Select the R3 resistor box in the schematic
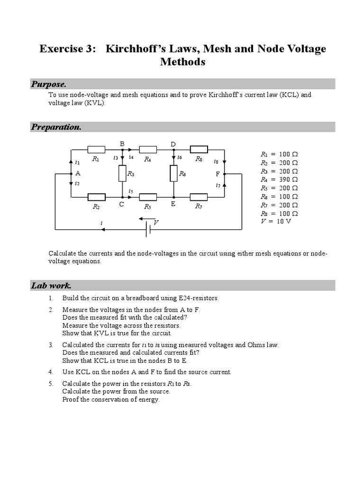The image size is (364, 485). pos(122,173)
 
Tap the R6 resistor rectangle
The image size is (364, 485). pos(174,173)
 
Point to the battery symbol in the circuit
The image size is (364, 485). pos(149,229)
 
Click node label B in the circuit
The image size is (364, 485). pos(122,144)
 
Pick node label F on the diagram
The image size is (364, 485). pos(218,174)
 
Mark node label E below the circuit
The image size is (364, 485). pos(173,204)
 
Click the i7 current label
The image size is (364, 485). pos(218,185)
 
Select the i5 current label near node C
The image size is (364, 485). pos(130,191)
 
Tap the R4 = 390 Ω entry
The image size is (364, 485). pos(279,180)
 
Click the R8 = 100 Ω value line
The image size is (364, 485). pos(279,214)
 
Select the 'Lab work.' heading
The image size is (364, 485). pos(51,286)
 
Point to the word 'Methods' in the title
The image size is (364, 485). pos(182,62)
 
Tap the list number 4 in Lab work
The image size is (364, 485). pos(51,372)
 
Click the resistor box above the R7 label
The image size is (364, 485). pos(198,197)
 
